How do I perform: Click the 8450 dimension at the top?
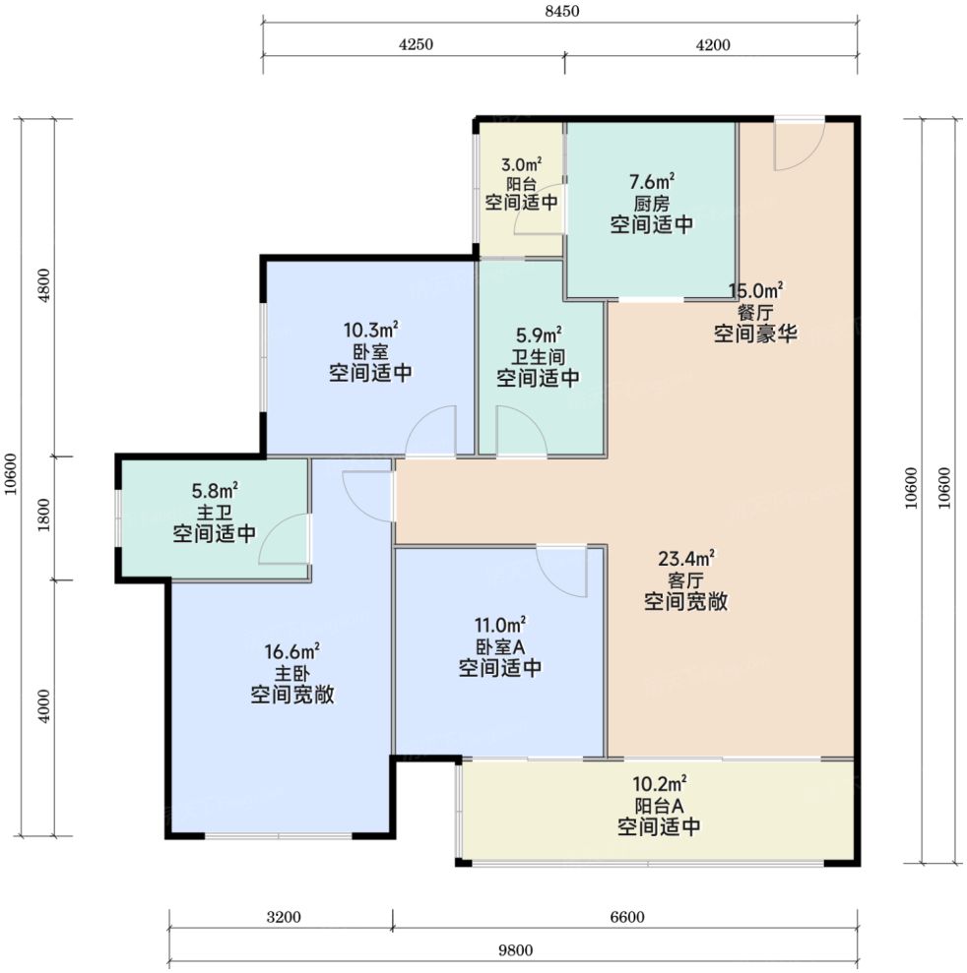tap(562, 11)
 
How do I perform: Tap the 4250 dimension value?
tap(416, 44)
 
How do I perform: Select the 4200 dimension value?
tap(713, 44)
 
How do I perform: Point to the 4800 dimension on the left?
tap(44, 285)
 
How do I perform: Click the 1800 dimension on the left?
tap(44, 516)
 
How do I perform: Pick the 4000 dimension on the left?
tap(44, 706)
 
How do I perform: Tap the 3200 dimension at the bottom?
tap(284, 917)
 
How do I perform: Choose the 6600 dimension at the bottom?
tap(627, 917)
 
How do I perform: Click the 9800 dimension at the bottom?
tap(515, 950)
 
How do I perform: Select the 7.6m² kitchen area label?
tap(652, 182)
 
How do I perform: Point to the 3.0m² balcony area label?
tap(521, 165)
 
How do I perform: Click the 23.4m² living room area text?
tap(685, 559)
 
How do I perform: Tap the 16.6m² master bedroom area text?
tap(291, 651)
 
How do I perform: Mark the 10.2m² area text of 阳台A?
tap(659, 783)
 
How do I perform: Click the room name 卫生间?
tap(538, 357)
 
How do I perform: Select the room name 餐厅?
tap(755, 312)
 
